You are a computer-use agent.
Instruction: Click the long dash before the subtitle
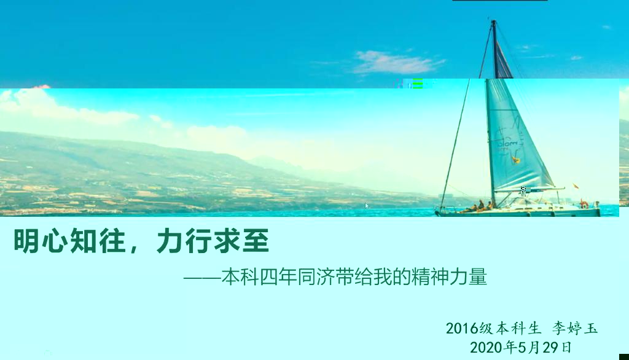[x=201, y=277]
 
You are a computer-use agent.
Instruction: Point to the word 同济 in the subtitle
[x=316, y=277]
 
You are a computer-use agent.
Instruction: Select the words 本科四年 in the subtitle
[x=259, y=277]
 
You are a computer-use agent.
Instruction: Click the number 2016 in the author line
[x=462, y=328]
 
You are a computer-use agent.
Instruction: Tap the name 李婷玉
[x=575, y=328]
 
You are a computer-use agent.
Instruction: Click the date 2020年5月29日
[x=521, y=347]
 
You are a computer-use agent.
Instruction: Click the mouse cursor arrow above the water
[x=367, y=205]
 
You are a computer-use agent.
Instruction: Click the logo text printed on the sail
[x=509, y=143]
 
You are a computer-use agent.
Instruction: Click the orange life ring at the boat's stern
[x=584, y=204]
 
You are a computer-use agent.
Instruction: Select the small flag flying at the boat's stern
[x=576, y=186]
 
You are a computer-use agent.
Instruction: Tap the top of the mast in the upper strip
[x=494, y=21]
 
